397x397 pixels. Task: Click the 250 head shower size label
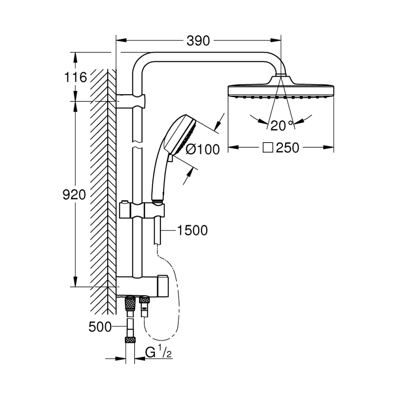click(288, 148)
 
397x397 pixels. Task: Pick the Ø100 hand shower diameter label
click(202, 150)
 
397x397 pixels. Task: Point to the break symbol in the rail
click(138, 145)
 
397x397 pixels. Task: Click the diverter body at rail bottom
click(143, 285)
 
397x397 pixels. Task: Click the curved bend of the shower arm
click(141, 61)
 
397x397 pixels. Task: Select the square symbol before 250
click(267, 148)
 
